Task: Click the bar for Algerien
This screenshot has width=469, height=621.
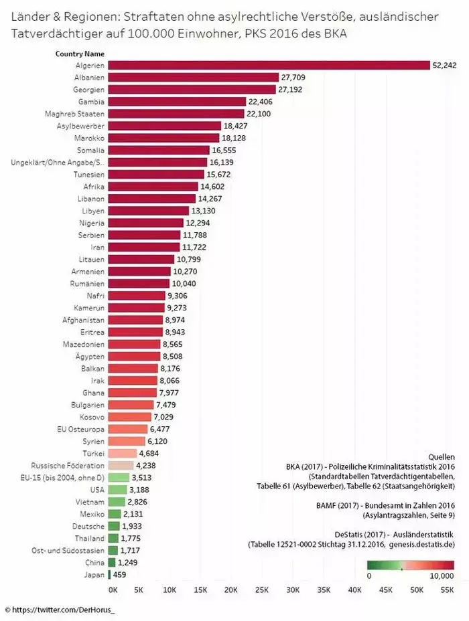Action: (x=268, y=65)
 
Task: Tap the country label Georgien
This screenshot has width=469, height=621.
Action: (x=90, y=89)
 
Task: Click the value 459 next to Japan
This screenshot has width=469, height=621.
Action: (x=119, y=573)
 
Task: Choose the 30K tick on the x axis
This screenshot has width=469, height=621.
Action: (x=293, y=590)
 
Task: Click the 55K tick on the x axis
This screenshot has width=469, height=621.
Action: (x=447, y=590)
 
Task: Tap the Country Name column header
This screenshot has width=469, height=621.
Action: (x=80, y=54)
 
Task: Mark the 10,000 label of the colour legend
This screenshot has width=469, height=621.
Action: (x=441, y=575)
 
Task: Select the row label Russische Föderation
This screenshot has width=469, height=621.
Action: (x=68, y=465)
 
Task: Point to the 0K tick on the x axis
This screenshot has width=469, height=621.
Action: (x=113, y=590)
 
